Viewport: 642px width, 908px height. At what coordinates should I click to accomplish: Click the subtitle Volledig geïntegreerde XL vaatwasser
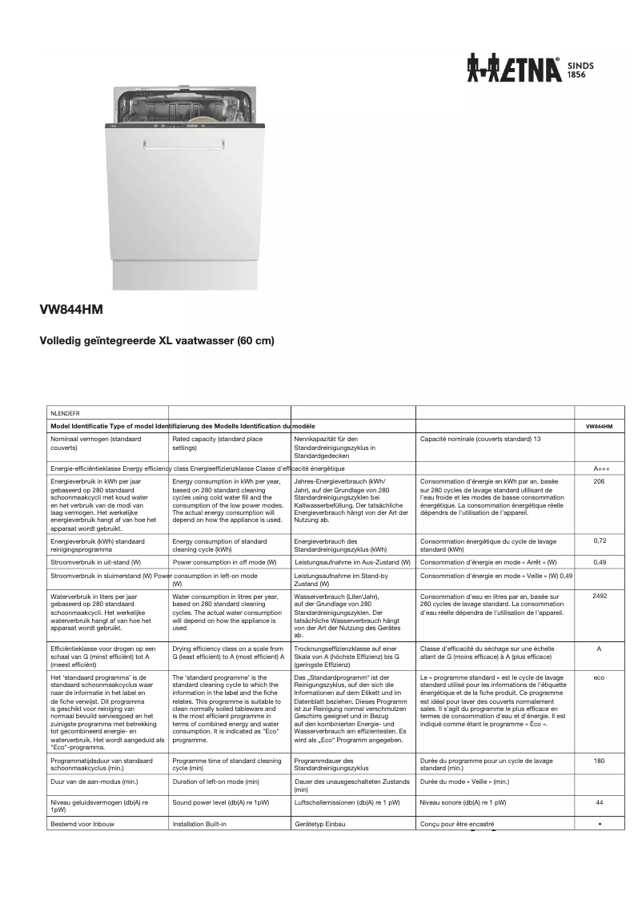coord(157,341)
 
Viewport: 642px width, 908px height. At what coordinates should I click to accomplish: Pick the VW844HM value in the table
coord(599,427)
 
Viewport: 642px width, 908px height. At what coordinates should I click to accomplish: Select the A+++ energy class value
coord(599,468)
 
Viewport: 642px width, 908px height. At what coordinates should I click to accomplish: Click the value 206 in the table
coord(599,482)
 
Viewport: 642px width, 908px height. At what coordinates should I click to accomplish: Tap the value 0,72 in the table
coord(599,541)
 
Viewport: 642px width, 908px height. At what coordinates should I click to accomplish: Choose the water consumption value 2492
coord(599,597)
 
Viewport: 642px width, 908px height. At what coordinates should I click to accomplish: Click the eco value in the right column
coord(599,677)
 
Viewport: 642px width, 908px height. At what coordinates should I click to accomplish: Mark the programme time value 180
coord(599,761)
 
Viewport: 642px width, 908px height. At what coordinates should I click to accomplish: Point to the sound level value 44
coord(599,802)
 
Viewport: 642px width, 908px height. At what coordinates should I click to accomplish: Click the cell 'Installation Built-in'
coord(200,824)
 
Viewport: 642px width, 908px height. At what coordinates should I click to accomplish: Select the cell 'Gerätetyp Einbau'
coord(320,824)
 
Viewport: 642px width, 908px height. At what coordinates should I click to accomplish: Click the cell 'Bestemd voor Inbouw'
coord(79,824)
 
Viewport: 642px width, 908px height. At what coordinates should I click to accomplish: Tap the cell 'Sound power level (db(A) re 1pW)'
coord(221,802)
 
